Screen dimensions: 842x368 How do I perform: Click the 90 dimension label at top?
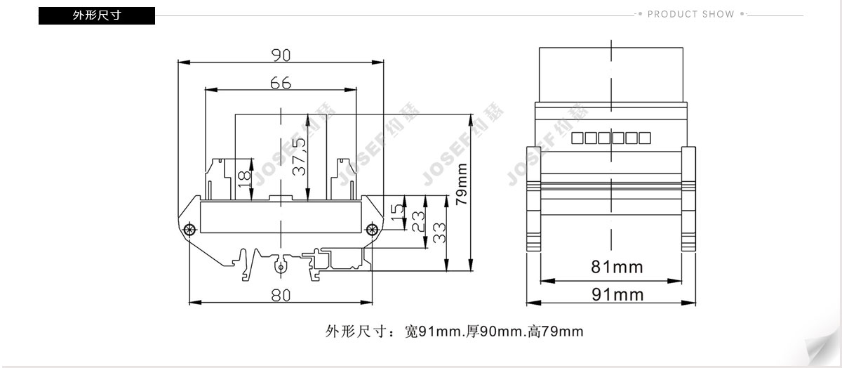coord(281,55)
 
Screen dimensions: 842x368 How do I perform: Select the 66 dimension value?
coord(281,83)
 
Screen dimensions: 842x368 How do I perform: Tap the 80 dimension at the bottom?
coord(281,296)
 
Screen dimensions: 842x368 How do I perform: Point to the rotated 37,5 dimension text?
coord(299,157)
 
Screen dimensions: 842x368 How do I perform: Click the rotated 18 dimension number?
coord(244,178)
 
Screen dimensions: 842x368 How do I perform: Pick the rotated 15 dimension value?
coord(397,213)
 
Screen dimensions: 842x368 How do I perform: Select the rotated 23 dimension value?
coord(418,222)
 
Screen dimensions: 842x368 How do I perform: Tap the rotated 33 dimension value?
coord(439,233)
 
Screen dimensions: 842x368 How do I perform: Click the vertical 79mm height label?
coord(461,185)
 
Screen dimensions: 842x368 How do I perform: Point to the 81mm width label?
coord(617,267)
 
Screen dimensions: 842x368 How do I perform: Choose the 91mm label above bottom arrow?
coord(617,295)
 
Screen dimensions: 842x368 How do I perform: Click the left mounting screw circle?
coord(189,229)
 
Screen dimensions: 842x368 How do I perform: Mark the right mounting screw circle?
coord(372,229)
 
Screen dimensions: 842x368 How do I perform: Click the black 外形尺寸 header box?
coord(97,15)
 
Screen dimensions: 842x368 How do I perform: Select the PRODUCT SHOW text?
coord(691,14)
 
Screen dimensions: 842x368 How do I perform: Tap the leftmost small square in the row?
coord(577,138)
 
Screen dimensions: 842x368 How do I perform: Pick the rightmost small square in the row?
coord(645,138)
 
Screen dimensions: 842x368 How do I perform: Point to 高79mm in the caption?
coord(556,331)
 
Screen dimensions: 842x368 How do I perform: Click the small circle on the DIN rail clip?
coord(281,268)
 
